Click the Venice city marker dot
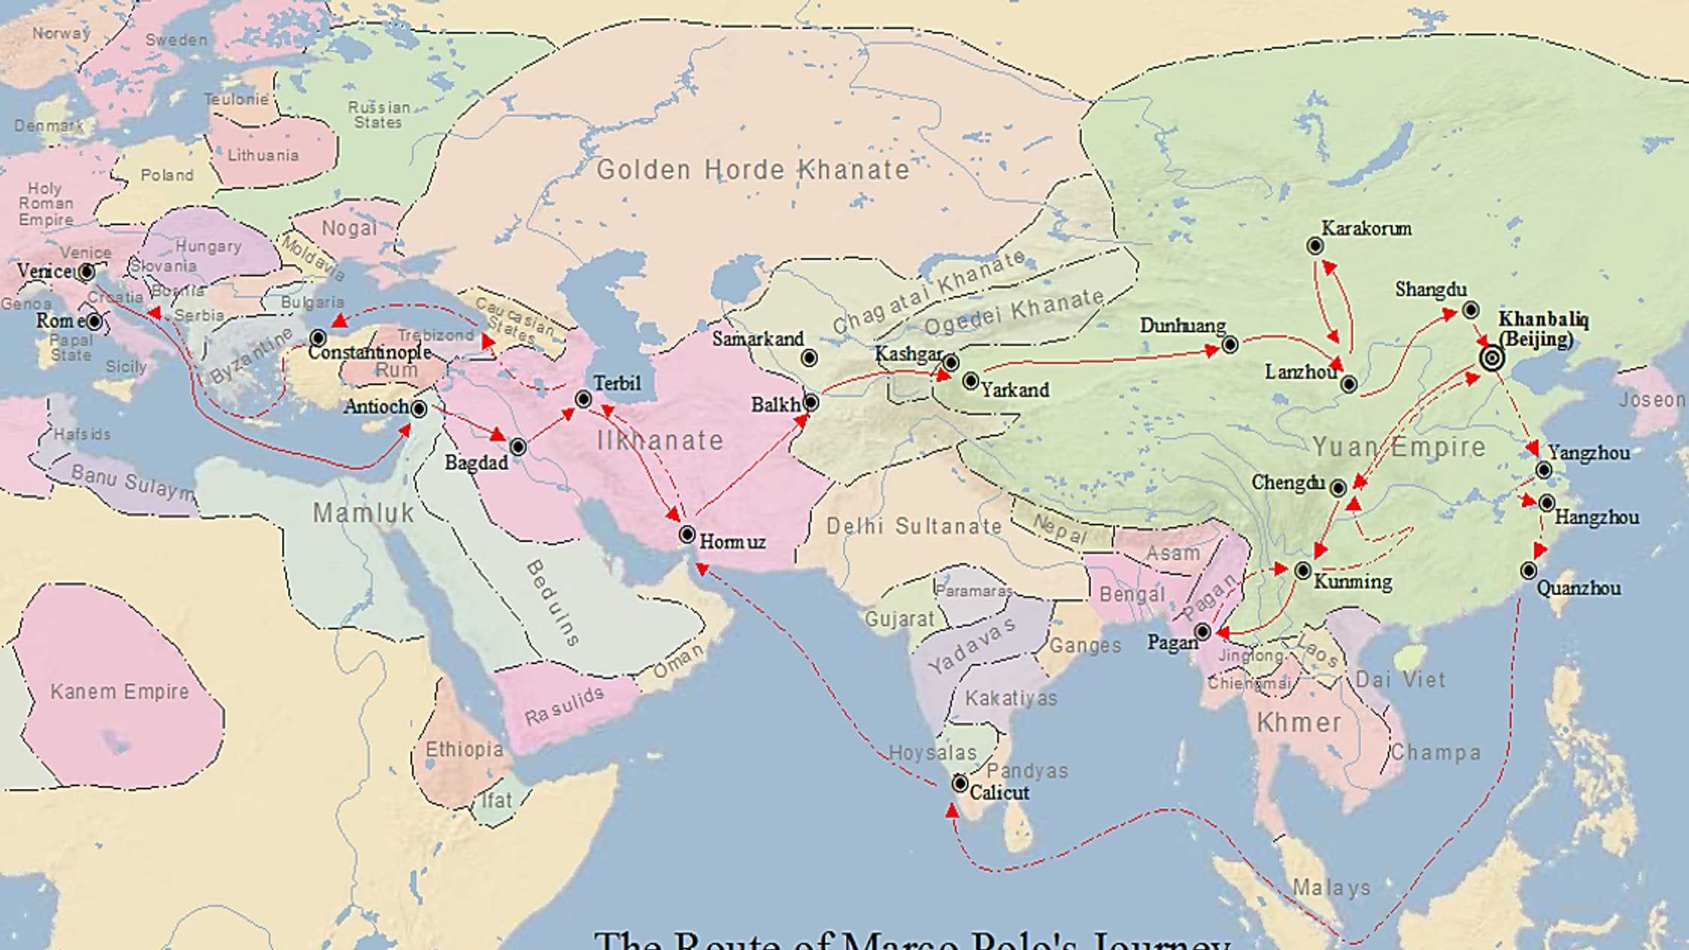(x=86, y=272)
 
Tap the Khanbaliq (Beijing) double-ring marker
(x=1492, y=358)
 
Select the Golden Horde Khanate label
(x=753, y=170)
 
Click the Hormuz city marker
(x=687, y=534)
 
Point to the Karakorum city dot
(x=1315, y=246)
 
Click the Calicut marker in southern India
(x=960, y=784)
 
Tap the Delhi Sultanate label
(x=914, y=526)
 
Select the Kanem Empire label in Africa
(x=120, y=691)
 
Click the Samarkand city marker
(x=809, y=358)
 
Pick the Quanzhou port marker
(x=1528, y=571)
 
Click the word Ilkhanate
(x=660, y=440)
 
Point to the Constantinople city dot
(x=318, y=338)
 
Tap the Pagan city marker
(x=1202, y=631)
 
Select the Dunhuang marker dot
(x=1230, y=344)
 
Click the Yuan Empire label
(x=1399, y=447)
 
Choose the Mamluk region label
(x=364, y=513)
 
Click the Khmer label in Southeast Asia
(x=1299, y=723)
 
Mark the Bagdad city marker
(x=517, y=447)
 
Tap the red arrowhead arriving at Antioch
(x=405, y=429)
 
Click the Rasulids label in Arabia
(x=564, y=706)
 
